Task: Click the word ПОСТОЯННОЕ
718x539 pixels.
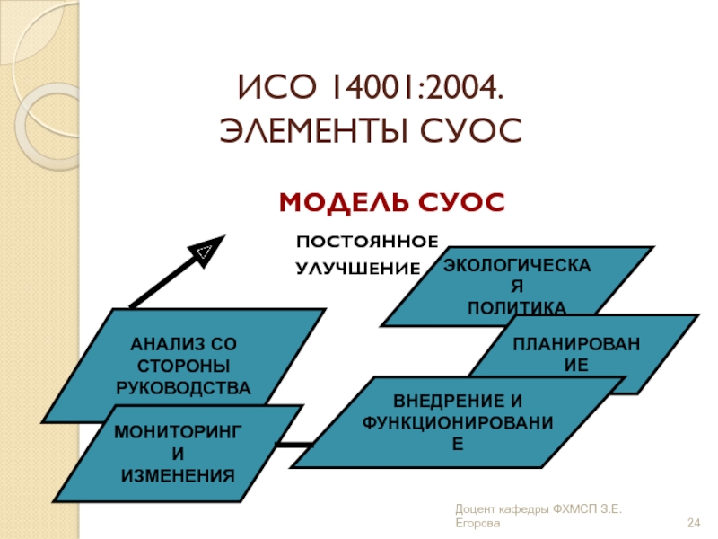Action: pos(367,243)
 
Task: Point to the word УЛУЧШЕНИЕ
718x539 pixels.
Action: pos(358,268)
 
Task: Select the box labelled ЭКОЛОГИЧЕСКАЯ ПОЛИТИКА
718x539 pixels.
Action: pos(517,286)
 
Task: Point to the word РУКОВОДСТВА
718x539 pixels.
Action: pos(183,387)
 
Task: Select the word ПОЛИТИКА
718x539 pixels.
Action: pos(517,308)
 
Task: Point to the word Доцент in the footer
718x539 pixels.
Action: pos(476,509)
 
